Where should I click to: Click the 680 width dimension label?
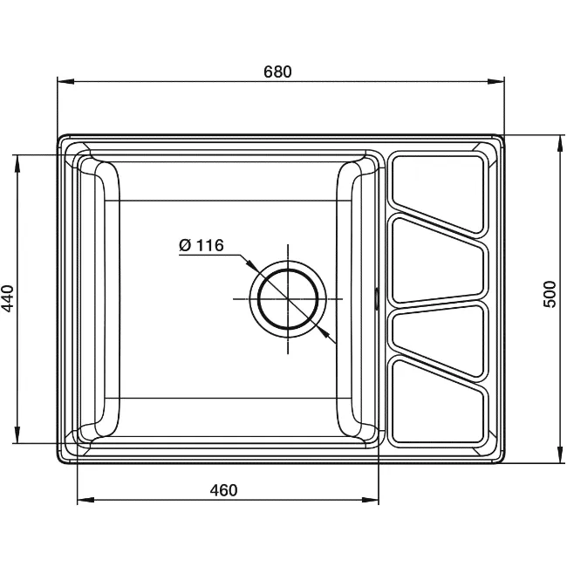277,72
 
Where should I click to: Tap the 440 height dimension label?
8,298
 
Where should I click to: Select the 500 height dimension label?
550,294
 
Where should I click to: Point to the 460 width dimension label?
224,490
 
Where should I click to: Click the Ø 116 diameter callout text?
202,245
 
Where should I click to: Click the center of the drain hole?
288,298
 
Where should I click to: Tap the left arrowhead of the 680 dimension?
65,81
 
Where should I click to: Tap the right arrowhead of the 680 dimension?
495,81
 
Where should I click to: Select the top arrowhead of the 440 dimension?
17,163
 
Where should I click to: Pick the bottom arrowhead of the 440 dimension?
17,434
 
